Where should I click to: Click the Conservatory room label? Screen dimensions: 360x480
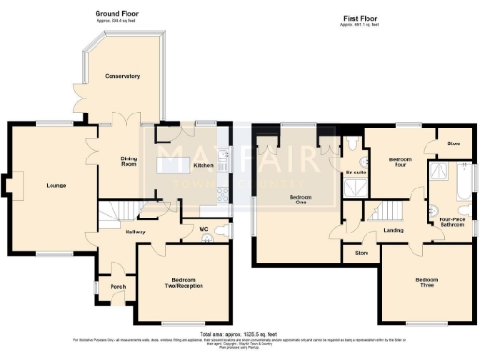tap(122, 76)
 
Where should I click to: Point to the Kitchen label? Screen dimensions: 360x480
tap(203, 166)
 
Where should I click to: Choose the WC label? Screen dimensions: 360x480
tap(202, 228)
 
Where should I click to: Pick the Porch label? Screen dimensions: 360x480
tap(118, 287)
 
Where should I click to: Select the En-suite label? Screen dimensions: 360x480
tap(356, 173)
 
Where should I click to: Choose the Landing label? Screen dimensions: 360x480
tap(394, 230)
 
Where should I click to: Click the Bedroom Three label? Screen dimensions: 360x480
tap(427, 283)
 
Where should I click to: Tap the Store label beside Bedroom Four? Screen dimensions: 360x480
tap(453, 143)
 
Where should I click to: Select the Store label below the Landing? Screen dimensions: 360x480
tap(360, 252)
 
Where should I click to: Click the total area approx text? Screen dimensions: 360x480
tap(239, 334)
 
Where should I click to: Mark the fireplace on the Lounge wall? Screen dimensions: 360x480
tap(8, 186)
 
